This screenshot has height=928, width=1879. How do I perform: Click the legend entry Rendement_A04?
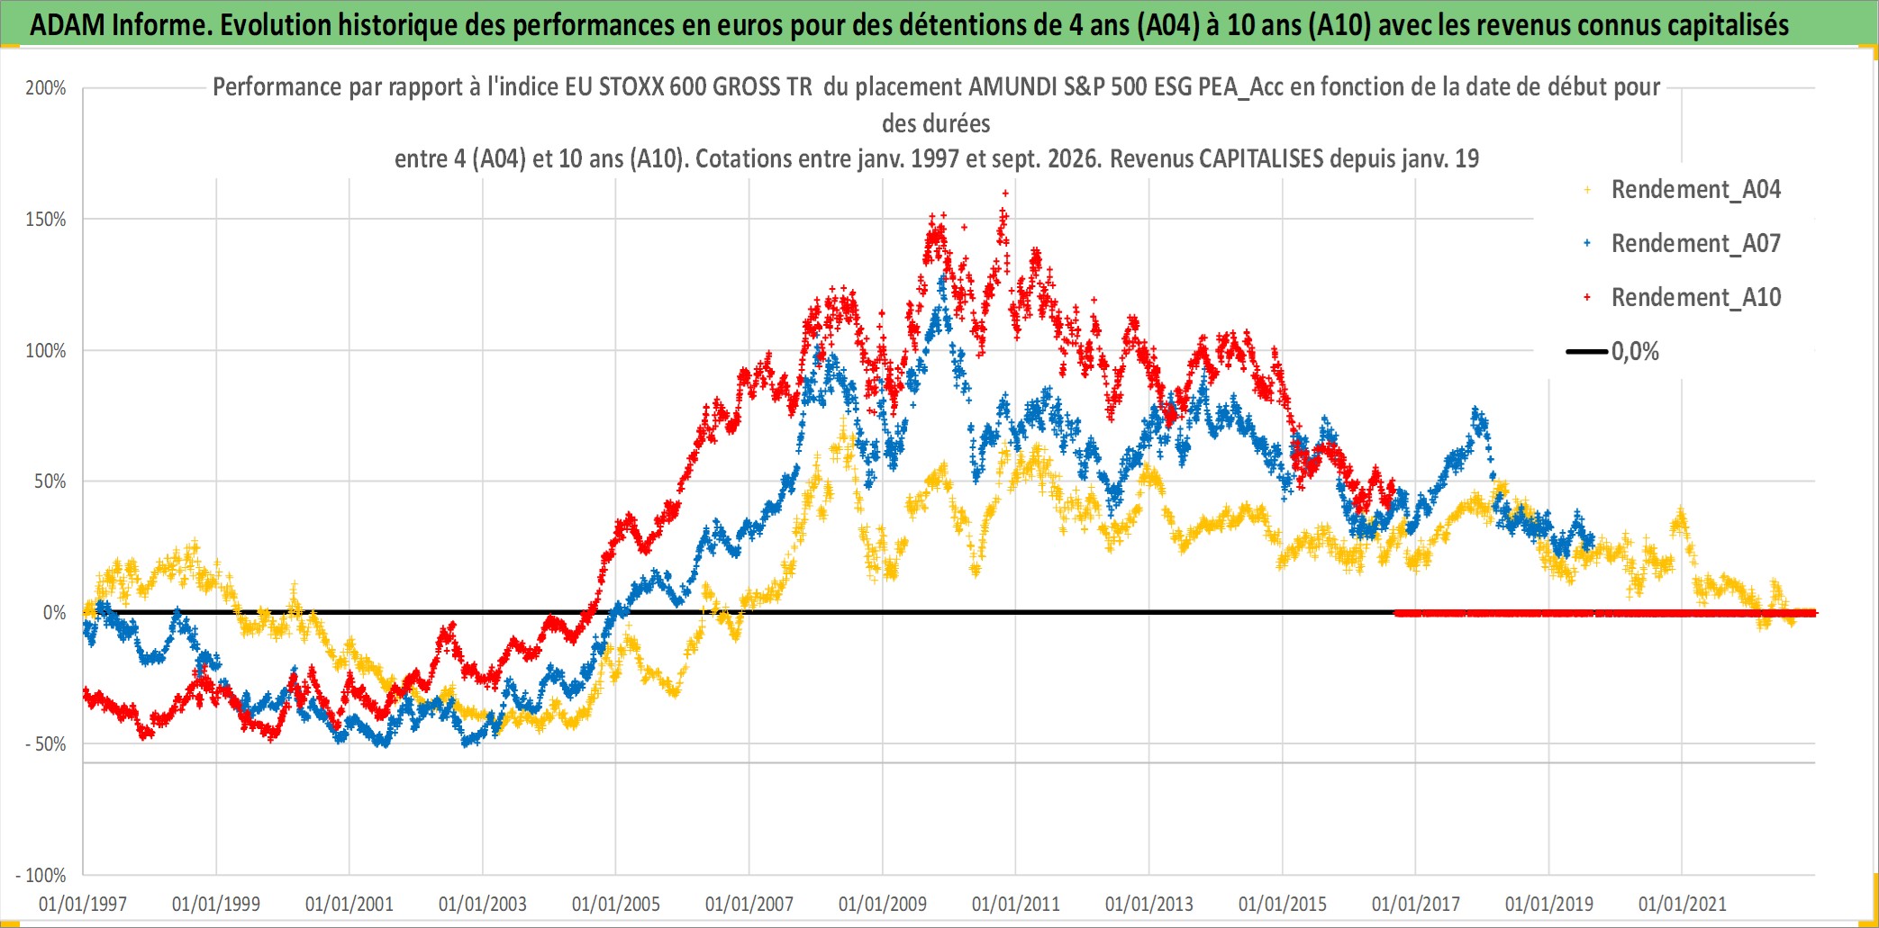1682,190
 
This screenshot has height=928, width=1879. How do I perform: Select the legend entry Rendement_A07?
1682,244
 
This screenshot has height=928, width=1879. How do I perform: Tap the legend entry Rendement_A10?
1682,298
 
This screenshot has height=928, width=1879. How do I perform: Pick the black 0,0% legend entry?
1613,352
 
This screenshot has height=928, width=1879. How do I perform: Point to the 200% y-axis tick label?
46,88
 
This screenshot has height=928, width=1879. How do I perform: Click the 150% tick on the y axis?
46,220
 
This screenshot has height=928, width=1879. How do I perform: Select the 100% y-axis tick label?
46,351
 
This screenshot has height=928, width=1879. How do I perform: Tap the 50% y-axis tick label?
50,482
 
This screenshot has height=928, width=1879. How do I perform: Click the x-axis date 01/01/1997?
83,904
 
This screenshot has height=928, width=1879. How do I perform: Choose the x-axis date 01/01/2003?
483,904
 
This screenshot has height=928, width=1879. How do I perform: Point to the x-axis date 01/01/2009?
883,904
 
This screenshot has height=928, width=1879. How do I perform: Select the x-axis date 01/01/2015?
1283,904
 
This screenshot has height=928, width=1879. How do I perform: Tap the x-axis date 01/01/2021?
1683,904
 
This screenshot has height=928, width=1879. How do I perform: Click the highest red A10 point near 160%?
1005,193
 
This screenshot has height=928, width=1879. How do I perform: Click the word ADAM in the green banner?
68,25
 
